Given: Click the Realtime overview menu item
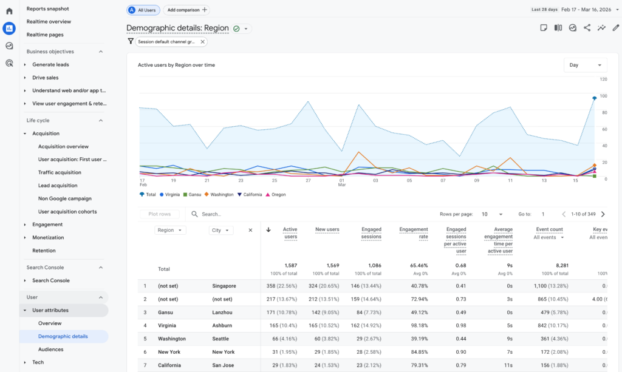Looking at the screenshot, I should point(49,22).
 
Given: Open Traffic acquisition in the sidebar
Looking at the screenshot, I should point(60,172).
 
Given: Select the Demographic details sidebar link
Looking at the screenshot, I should point(63,336).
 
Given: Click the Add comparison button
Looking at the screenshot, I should point(187,10).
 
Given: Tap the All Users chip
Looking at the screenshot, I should point(143,10).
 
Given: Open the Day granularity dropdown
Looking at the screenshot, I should point(585,65).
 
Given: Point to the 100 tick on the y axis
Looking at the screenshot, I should point(603,96).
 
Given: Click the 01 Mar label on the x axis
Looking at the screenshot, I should point(342,183).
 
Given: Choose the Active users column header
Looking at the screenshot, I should point(290,233).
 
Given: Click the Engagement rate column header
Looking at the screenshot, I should point(414,233).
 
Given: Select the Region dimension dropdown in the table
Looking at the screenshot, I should point(171,231).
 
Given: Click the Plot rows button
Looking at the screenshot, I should point(159,214).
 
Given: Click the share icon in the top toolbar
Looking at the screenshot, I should point(587,28).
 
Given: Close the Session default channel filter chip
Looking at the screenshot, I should point(202,42).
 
